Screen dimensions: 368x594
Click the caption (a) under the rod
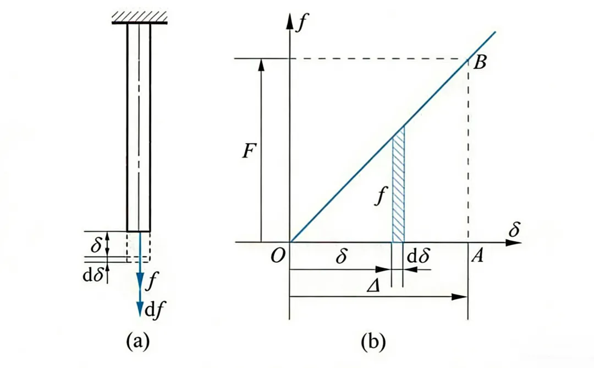tap(138, 342)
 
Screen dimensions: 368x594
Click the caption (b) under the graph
tap(374, 342)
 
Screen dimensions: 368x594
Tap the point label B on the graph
tap(480, 63)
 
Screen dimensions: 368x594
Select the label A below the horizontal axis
tap(477, 257)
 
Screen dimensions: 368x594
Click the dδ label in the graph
tap(416, 257)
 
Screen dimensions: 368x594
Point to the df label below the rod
tap(153, 310)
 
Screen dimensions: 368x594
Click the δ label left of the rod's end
tap(96, 245)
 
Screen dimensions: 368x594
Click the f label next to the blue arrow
tap(152, 284)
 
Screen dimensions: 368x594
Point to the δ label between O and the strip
tap(341, 257)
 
